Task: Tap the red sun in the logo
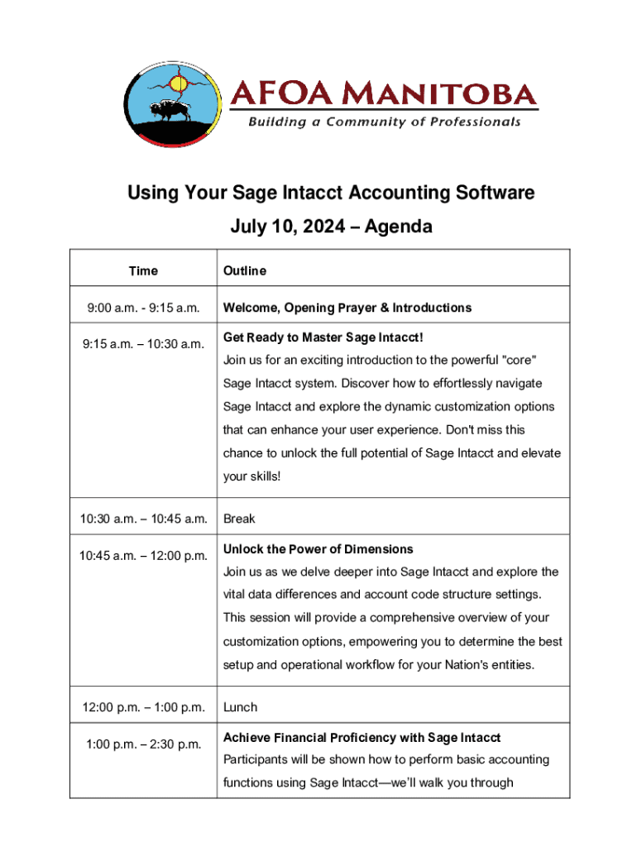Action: (x=176, y=83)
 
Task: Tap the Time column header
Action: (x=143, y=270)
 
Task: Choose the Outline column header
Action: (x=244, y=270)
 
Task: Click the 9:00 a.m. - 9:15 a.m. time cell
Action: (x=143, y=308)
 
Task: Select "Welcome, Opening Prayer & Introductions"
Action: (x=347, y=308)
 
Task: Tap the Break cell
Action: (x=239, y=519)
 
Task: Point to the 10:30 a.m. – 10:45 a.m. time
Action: (x=143, y=519)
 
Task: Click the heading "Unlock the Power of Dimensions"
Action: (x=318, y=549)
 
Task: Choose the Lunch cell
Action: (x=240, y=707)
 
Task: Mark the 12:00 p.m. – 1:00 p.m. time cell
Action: (x=143, y=707)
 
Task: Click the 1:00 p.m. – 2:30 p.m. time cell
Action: (x=143, y=744)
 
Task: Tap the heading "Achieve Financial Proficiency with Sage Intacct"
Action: (x=362, y=737)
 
